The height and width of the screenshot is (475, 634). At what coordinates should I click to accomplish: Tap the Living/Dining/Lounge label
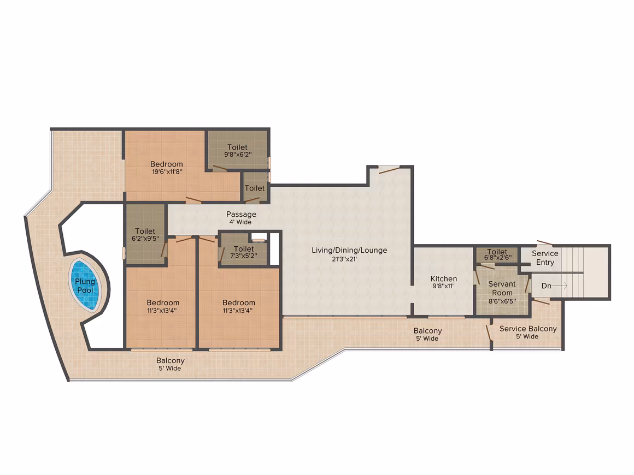tap(349, 251)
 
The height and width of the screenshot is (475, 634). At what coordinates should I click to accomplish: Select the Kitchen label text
tap(444, 278)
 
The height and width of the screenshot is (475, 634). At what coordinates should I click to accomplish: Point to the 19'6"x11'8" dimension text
tap(167, 171)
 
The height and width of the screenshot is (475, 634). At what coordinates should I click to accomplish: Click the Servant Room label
tap(502, 288)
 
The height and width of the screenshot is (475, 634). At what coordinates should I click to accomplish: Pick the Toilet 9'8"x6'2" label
tap(238, 151)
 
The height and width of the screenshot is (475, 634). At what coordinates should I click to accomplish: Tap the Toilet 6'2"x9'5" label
tap(145, 235)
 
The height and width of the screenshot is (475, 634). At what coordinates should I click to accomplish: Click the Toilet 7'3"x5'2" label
tap(243, 252)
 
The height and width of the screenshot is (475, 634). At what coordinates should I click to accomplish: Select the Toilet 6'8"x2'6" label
tap(497, 254)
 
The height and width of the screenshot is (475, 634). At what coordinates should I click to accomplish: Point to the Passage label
tap(241, 215)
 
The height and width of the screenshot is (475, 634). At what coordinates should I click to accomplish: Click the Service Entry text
tap(545, 258)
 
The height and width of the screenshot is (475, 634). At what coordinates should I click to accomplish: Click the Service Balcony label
tap(528, 329)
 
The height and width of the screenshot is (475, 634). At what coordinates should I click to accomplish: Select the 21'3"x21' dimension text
tap(344, 259)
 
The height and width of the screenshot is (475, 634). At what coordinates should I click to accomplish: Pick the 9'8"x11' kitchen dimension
tap(443, 287)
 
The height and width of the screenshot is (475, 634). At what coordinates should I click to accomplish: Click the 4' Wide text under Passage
tap(240, 222)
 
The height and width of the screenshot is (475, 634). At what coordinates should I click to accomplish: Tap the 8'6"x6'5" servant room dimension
tap(502, 301)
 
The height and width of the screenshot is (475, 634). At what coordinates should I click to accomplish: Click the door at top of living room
tap(389, 170)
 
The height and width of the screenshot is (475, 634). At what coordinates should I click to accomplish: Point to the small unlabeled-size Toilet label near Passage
tap(255, 188)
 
